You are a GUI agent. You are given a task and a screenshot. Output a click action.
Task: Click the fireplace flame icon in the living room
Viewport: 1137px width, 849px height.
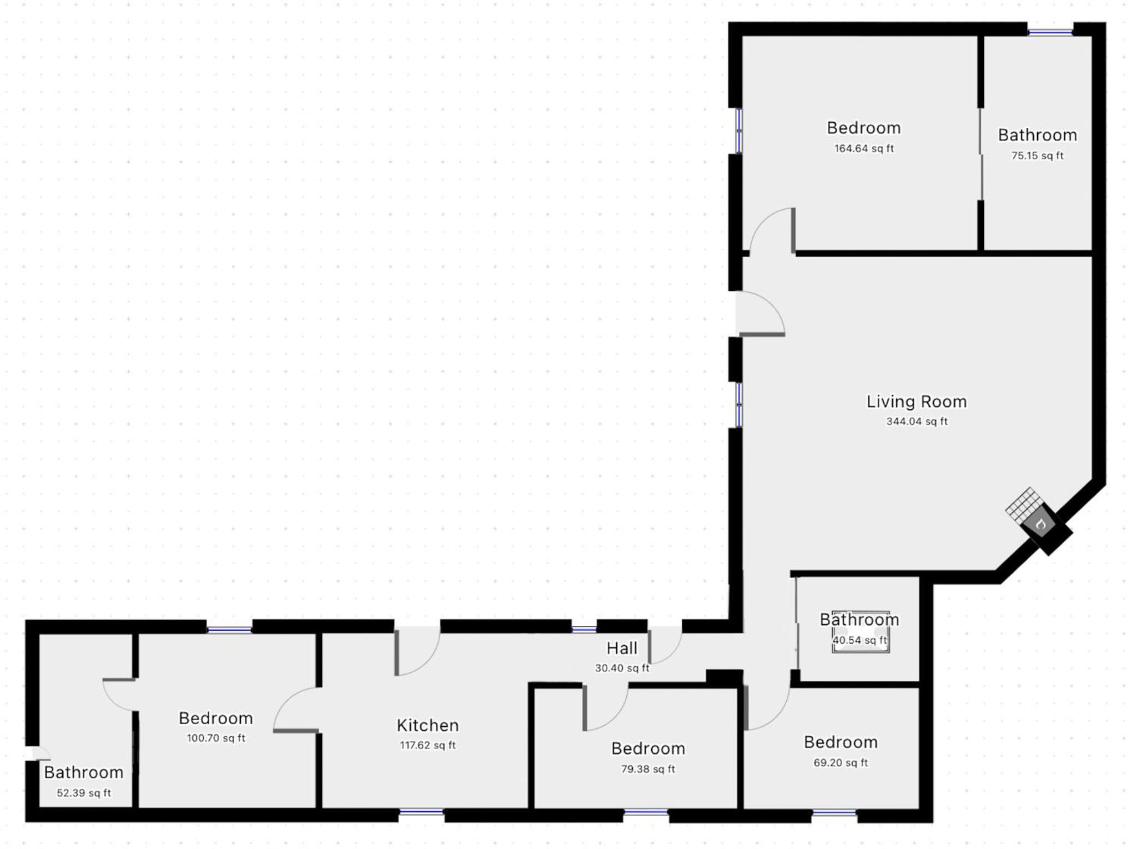[x=1041, y=524]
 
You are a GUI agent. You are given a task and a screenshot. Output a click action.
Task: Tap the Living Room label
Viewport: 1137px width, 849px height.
[x=917, y=401]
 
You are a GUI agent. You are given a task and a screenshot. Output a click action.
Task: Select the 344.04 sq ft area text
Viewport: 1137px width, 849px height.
[x=917, y=421]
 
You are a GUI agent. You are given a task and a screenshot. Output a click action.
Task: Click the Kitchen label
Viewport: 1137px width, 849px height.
[x=427, y=725]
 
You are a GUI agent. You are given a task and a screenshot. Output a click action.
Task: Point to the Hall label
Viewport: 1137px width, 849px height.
[x=622, y=648]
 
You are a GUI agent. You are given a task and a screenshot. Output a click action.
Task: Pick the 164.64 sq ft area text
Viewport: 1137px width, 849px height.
[x=864, y=148]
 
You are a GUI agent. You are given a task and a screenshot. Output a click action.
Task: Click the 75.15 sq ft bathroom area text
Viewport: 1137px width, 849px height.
[x=1037, y=155]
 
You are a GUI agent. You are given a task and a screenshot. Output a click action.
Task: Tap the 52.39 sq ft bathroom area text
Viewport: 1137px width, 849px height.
[x=84, y=793]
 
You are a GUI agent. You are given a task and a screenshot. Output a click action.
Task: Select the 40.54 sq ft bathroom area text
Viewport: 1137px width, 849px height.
[x=859, y=640]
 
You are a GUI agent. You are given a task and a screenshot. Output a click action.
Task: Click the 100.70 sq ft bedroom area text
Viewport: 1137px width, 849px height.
[x=216, y=738]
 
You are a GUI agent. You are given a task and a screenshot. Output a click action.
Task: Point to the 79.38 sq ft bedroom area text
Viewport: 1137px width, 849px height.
[x=648, y=769]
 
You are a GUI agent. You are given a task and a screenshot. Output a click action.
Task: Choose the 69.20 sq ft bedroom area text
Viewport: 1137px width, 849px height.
[x=841, y=763]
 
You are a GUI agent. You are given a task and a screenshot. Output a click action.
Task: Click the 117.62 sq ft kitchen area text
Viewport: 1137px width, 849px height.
[x=427, y=745]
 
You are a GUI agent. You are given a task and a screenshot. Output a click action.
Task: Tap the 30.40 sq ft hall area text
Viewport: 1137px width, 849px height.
[x=622, y=668]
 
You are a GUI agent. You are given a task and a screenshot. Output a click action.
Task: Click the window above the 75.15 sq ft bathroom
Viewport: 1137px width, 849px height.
[x=1050, y=32]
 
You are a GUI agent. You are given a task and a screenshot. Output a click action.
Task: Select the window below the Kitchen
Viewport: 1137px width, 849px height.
[x=421, y=812]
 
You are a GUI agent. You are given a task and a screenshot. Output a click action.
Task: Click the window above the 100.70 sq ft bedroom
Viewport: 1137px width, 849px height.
[x=229, y=630]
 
